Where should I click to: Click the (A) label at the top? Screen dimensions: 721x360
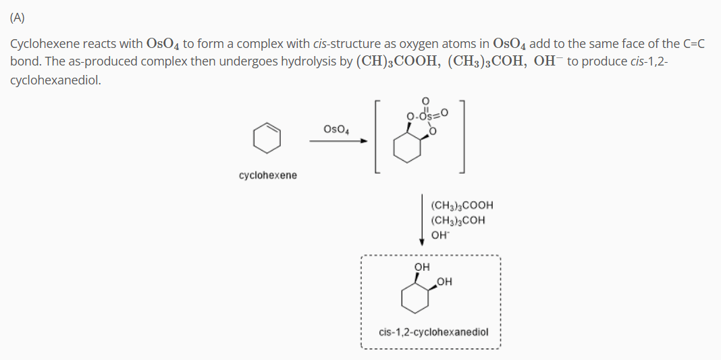click(x=18, y=18)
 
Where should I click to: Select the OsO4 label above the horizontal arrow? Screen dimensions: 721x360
click(x=336, y=129)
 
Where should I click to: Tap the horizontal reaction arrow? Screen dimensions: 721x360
click(x=338, y=141)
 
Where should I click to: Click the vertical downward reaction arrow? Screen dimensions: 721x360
click(x=422, y=220)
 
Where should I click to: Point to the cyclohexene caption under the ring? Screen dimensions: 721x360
click(x=268, y=175)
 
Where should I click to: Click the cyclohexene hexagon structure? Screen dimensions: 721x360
click(x=267, y=138)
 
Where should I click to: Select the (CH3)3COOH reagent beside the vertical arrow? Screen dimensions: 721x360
click(x=462, y=205)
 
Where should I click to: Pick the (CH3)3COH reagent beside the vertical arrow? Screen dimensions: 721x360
click(x=458, y=220)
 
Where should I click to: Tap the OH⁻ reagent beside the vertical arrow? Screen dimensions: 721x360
click(x=440, y=235)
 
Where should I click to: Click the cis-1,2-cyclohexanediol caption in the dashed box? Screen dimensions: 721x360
click(x=433, y=332)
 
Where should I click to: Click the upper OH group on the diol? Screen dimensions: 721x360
click(x=422, y=267)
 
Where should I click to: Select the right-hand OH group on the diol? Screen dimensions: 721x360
click(x=444, y=282)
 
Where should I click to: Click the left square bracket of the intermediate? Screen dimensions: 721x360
click(x=377, y=136)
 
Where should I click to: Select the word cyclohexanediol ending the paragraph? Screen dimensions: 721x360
click(x=55, y=80)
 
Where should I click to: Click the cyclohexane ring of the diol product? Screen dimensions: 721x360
click(x=415, y=298)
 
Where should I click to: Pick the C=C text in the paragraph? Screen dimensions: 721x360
click(x=694, y=44)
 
